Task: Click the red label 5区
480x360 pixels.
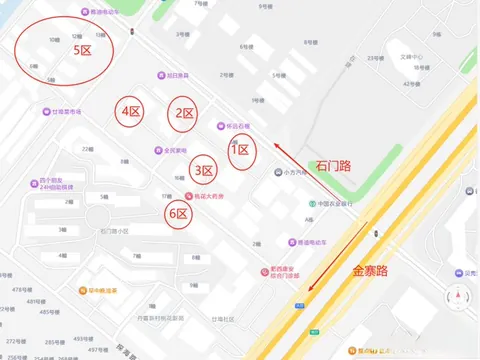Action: click(x=83, y=49)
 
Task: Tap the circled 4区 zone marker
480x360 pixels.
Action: click(x=130, y=113)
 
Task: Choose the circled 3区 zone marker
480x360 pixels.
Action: click(x=204, y=171)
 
